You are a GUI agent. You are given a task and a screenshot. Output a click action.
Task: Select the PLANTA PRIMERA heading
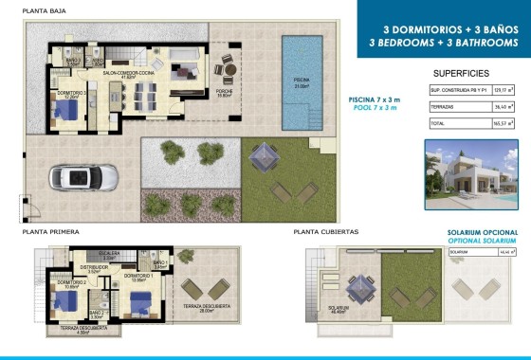pos(52,231)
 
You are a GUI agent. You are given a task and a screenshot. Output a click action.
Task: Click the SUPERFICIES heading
pos(460,73)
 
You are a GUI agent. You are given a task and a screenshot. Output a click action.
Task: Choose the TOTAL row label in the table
pos(437,123)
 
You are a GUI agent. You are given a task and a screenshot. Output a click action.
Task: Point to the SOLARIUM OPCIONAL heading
pos(483,232)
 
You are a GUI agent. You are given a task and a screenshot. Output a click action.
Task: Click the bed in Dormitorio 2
pos(66,302)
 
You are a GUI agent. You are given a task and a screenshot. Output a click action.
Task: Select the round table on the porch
pos(228,69)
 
